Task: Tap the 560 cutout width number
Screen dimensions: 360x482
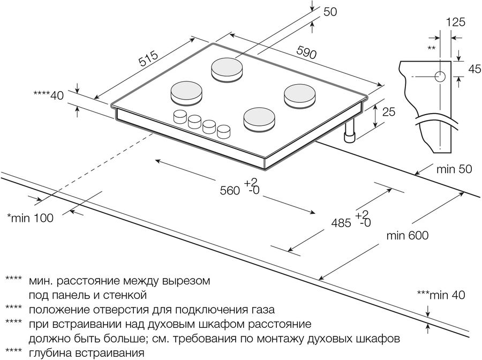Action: pos(229,190)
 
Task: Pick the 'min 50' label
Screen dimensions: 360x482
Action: pos(454,170)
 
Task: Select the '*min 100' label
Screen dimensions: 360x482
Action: pos(30,218)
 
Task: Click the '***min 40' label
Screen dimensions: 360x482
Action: pos(440,295)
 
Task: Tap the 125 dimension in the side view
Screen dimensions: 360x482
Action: pos(455,22)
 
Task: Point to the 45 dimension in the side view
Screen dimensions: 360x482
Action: pos(473,68)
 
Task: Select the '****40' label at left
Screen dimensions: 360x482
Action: pos(49,95)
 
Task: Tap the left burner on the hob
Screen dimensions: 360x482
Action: pos(187,92)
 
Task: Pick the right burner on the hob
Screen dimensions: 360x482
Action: pos(299,95)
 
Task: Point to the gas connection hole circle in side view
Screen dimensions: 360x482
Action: pos(440,76)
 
